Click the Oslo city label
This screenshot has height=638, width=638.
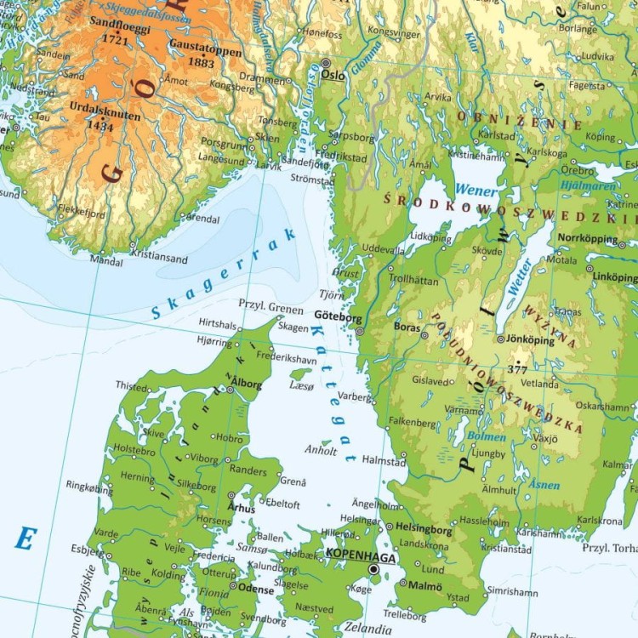click(x=333, y=75)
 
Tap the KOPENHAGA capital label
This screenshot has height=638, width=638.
click(x=362, y=555)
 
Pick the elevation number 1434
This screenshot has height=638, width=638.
click(x=100, y=126)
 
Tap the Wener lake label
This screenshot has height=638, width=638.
click(x=476, y=191)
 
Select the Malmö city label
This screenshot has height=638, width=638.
click(x=424, y=586)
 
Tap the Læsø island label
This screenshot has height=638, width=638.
click(x=302, y=385)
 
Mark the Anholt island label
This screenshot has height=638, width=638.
click(x=321, y=451)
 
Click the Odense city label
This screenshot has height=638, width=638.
click(x=256, y=590)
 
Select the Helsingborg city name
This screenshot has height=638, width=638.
click(x=424, y=528)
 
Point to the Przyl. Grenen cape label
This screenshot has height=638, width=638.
click(x=271, y=306)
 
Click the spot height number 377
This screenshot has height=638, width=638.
click(x=517, y=369)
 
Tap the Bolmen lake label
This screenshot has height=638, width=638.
click(x=487, y=437)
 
